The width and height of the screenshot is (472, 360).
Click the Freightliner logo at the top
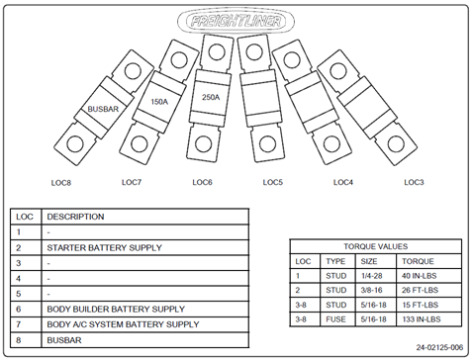(236, 21)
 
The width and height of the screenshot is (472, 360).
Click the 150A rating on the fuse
(159, 102)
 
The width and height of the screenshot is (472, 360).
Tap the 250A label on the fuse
(211, 97)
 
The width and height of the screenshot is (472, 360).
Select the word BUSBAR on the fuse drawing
(103, 109)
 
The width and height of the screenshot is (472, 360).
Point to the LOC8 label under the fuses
(61, 183)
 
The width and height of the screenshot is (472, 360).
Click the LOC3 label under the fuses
(414, 182)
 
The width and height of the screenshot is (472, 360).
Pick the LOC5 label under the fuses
(273, 182)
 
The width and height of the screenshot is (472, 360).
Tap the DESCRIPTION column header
(75, 217)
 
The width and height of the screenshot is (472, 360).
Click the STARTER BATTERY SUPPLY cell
(104, 247)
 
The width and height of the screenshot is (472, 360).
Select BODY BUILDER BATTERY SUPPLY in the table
(116, 310)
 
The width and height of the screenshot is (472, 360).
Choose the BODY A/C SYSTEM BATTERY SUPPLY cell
(123, 324)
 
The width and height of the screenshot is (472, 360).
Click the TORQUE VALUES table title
(376, 246)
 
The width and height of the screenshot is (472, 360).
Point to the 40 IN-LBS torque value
(419, 276)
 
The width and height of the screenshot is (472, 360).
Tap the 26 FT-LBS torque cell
(420, 290)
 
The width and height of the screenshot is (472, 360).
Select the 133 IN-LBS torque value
(422, 319)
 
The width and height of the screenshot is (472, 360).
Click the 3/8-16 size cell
(371, 290)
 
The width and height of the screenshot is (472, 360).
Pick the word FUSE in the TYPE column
(335, 319)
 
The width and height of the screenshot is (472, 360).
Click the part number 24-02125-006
(439, 347)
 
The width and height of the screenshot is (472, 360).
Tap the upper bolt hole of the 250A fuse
(217, 52)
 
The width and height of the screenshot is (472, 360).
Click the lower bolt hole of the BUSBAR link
(75, 144)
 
